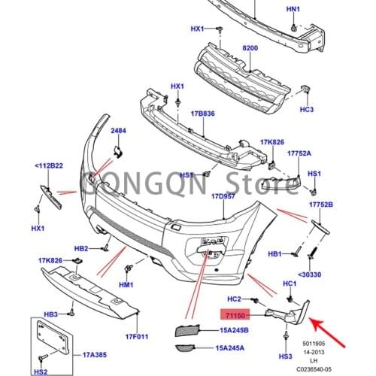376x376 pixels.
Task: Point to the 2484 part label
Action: (x=120, y=132)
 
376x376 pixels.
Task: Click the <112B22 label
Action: (x=49, y=166)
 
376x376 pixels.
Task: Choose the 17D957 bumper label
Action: (x=224, y=196)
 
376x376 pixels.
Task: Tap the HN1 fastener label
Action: (x=293, y=10)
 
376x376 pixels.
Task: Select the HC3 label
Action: (x=306, y=109)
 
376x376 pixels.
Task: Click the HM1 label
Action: (x=126, y=286)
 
